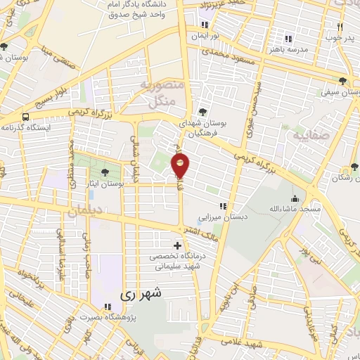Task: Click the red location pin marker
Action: [x=181, y=166]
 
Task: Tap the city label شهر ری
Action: [x=141, y=295]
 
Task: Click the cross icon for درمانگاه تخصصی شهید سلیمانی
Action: [x=177, y=246]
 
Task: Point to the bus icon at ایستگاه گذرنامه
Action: [x=26, y=117]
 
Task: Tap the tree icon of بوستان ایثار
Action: [x=105, y=172]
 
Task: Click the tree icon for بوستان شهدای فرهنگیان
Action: [x=202, y=111]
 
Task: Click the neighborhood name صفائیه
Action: [x=307, y=134]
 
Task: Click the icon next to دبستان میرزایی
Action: [x=223, y=206]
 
